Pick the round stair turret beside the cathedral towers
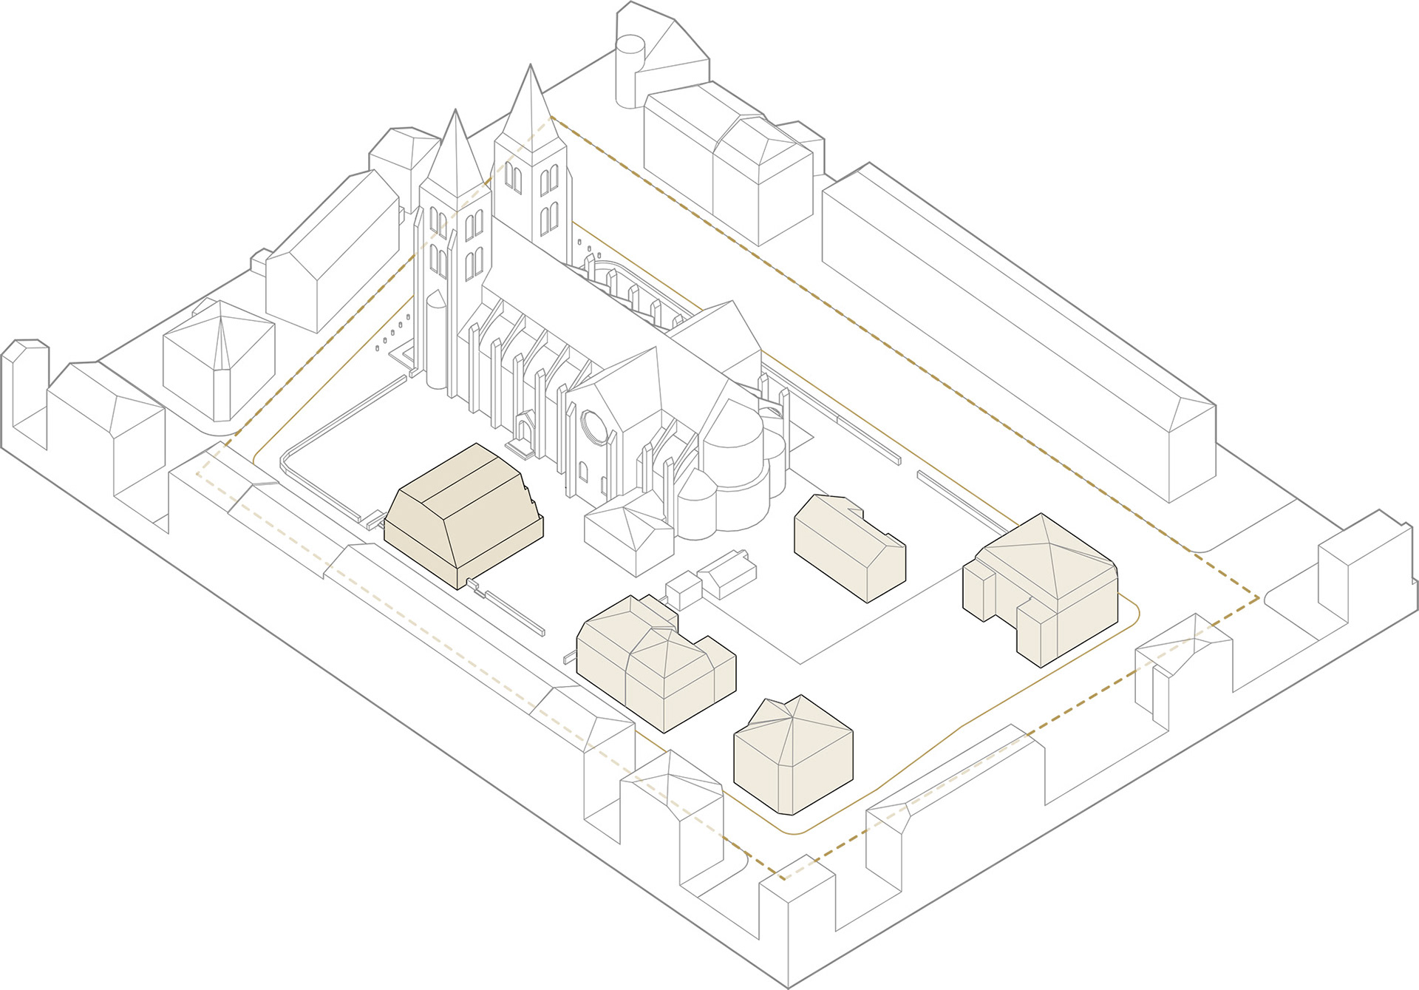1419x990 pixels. (436, 336)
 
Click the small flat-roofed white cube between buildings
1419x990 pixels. (683, 591)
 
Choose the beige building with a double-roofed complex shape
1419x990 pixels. (654, 662)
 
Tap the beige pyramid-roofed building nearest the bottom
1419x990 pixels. (793, 754)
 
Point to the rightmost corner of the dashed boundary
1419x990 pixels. (1259, 597)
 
